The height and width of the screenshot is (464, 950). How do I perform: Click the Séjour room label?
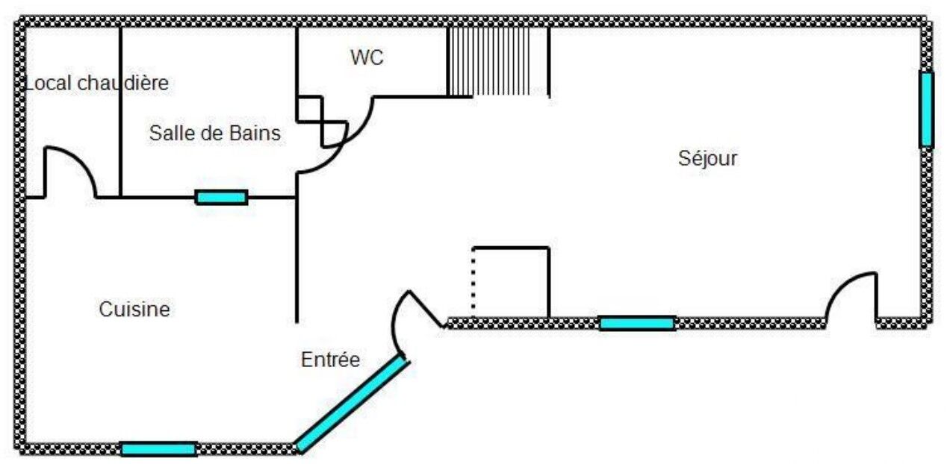click(707, 158)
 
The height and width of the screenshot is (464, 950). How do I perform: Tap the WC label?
click(367, 57)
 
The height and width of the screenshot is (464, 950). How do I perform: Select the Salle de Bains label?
click(215, 134)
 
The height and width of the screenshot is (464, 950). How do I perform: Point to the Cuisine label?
click(134, 309)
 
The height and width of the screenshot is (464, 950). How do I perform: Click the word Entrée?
click(330, 360)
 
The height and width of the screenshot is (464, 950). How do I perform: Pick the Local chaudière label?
click(97, 84)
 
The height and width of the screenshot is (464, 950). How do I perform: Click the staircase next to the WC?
click(497, 62)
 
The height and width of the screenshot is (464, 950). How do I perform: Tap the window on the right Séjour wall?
click(926, 109)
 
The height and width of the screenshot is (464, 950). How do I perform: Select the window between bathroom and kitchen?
click(221, 197)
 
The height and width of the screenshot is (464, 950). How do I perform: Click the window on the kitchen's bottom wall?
click(158, 448)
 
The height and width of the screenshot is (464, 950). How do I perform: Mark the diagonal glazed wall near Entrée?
click(351, 404)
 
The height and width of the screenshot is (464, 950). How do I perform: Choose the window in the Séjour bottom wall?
click(637, 323)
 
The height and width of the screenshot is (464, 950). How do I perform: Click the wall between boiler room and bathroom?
click(121, 112)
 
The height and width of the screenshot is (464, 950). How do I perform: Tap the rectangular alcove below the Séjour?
click(512, 282)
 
